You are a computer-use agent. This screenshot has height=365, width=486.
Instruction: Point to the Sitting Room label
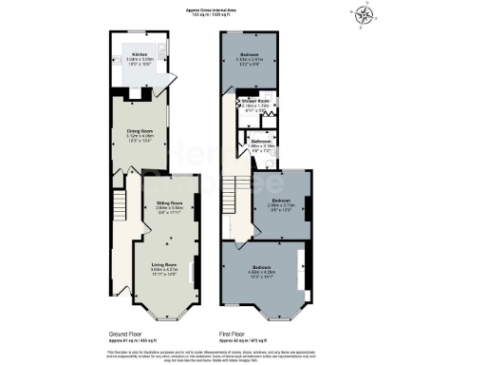point(167,202)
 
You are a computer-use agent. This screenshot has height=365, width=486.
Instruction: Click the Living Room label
point(165,264)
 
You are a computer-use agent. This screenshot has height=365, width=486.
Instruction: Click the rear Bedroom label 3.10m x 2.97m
point(252,54)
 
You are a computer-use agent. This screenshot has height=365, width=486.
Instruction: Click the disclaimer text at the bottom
point(243,354)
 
